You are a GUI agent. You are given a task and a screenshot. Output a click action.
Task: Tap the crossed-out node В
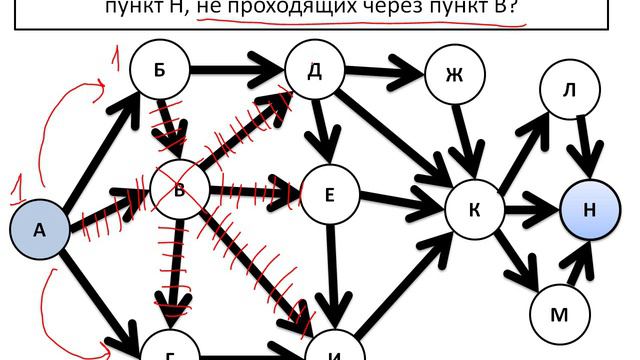[179, 187]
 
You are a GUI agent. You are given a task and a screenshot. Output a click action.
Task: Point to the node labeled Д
[314, 69]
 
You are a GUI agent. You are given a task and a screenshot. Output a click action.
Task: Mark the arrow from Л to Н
[584, 145]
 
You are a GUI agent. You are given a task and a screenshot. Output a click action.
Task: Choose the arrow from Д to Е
[321, 128]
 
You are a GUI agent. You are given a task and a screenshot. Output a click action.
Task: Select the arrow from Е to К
[400, 202]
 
